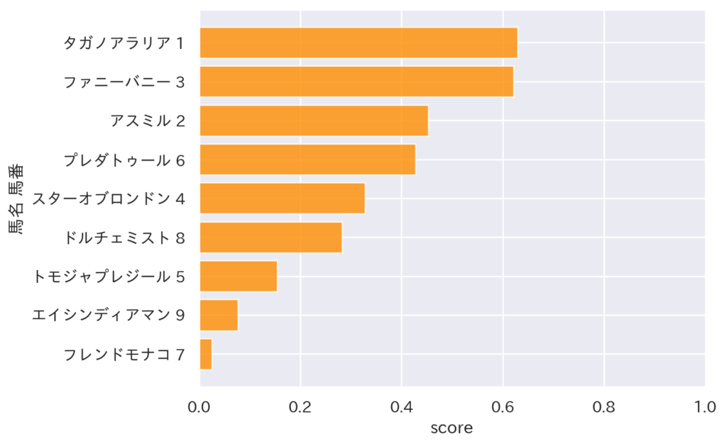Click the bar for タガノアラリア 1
[x=359, y=43]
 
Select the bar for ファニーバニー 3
[x=356, y=82]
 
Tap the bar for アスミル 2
[x=314, y=121]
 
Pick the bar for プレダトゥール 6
[x=307, y=160]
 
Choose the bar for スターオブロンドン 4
[x=282, y=199]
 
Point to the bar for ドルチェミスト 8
[x=270, y=238]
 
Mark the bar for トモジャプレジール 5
[x=239, y=277]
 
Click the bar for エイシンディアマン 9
[x=219, y=316]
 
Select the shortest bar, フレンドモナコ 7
[x=206, y=355]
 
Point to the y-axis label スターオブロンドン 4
[x=109, y=199]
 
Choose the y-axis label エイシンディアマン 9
[x=109, y=316]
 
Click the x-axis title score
[x=452, y=428]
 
